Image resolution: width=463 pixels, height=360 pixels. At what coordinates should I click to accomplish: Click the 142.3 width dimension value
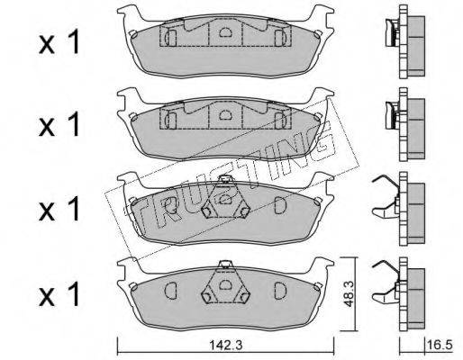[x=225, y=346]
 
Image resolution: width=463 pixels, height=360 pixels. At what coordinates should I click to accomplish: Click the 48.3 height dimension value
[x=349, y=294]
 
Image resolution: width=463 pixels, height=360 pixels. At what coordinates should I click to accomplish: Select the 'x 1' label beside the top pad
[x=59, y=42]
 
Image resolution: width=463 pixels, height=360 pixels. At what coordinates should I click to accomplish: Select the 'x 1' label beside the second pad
[x=59, y=124]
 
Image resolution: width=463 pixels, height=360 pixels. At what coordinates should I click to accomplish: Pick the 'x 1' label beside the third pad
[x=59, y=209]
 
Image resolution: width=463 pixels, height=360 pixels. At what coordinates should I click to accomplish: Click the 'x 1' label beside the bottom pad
[x=59, y=293]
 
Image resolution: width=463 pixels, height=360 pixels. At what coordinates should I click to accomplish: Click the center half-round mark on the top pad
[x=225, y=31]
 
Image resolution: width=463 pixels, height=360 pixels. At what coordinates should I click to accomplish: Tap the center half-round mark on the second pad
[x=225, y=114]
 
